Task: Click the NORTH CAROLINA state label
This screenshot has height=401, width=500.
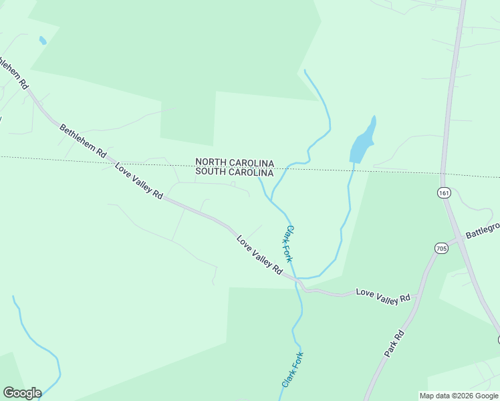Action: click(x=235, y=162)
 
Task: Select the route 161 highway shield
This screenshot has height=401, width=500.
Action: click(x=444, y=192)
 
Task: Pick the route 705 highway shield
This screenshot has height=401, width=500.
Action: click(x=441, y=249)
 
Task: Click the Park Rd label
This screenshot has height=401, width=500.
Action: click(x=395, y=343)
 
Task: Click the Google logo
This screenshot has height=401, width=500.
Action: click(x=22, y=393)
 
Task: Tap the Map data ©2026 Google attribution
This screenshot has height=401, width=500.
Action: click(x=459, y=396)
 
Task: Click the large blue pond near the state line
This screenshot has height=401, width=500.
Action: click(x=363, y=141)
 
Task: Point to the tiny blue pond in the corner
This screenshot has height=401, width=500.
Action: click(x=43, y=40)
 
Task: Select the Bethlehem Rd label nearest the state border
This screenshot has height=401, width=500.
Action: click(x=82, y=140)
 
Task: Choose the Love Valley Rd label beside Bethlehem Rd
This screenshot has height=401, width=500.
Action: click(x=139, y=180)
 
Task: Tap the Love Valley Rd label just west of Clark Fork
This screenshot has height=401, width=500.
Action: click(x=259, y=253)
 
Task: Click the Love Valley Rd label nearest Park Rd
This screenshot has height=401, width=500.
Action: click(x=383, y=296)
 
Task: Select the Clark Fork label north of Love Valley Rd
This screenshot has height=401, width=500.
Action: click(x=289, y=243)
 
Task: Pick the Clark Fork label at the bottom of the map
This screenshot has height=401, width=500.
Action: click(x=292, y=369)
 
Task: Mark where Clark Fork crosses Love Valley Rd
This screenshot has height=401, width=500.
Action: click(x=297, y=280)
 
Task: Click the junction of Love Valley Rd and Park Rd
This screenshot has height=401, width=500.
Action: click(x=418, y=294)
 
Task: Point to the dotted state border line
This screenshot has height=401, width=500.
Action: click(x=100, y=160)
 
